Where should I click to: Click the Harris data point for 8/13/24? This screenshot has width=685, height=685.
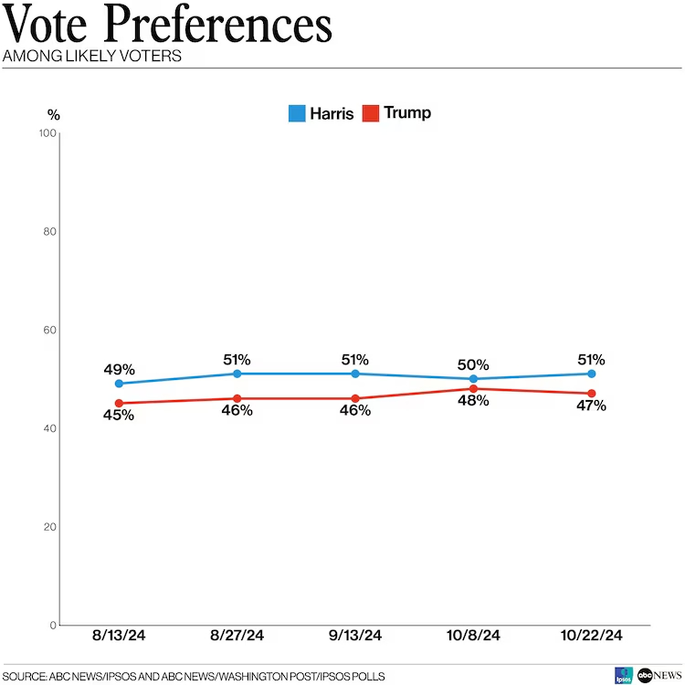pos(119,384)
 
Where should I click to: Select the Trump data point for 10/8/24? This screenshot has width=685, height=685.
pos(473,389)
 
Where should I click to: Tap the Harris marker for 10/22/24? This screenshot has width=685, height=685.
pos(592,374)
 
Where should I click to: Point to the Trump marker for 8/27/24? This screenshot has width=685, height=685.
pos(237,398)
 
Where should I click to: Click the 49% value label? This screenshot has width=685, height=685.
pos(119,369)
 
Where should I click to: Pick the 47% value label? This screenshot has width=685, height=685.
pos(591,406)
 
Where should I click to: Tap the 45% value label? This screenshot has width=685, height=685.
pos(119,415)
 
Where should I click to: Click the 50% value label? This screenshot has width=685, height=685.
pos(473,364)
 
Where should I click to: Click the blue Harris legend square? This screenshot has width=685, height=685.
pos(297,114)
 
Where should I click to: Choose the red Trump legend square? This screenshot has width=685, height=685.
pos(371,114)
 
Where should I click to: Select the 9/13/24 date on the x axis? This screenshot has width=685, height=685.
pos(355,636)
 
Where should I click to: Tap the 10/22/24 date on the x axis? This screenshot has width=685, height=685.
pos(592,636)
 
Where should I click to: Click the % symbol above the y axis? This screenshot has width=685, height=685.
pos(53,115)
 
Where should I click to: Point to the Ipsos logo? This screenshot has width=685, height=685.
pos(624,675)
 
